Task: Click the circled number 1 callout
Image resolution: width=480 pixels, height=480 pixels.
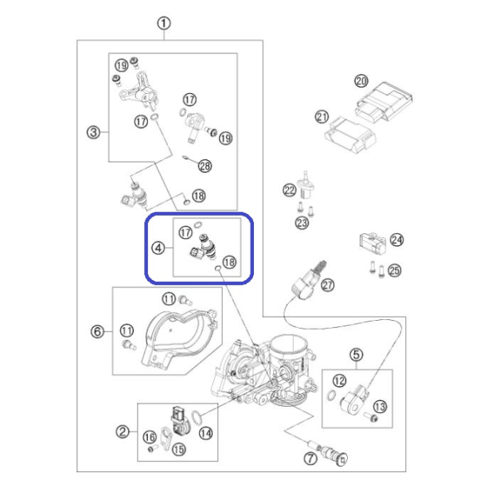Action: [164, 24]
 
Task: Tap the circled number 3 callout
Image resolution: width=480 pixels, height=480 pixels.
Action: [93, 133]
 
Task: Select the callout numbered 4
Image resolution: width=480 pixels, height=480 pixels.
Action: [158, 248]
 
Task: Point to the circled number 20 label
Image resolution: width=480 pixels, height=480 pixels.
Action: [361, 81]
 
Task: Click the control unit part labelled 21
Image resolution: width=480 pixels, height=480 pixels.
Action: [350, 135]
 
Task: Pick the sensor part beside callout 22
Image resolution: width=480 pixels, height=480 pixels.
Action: [306, 185]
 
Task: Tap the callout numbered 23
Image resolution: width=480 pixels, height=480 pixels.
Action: [302, 223]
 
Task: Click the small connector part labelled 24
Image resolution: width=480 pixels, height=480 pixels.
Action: [373, 243]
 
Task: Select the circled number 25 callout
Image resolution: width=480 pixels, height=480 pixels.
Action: [394, 271]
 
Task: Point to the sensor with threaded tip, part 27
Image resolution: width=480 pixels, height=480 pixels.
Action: [308, 279]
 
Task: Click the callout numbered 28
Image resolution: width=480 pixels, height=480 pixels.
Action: [205, 166]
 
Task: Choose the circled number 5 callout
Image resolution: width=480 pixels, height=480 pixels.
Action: [357, 355]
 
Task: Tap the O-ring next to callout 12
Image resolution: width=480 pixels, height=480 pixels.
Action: [331, 395]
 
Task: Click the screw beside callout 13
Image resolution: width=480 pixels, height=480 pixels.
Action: [371, 417]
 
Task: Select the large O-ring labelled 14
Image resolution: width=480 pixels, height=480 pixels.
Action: [197, 418]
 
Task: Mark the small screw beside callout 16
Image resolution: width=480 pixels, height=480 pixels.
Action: [153, 449]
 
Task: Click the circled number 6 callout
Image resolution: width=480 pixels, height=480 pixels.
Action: [97, 331]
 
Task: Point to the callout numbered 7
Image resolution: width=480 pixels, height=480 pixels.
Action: [310, 459]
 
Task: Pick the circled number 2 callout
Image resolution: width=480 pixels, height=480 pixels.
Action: [123, 431]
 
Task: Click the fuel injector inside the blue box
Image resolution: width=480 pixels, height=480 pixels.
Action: [204, 248]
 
